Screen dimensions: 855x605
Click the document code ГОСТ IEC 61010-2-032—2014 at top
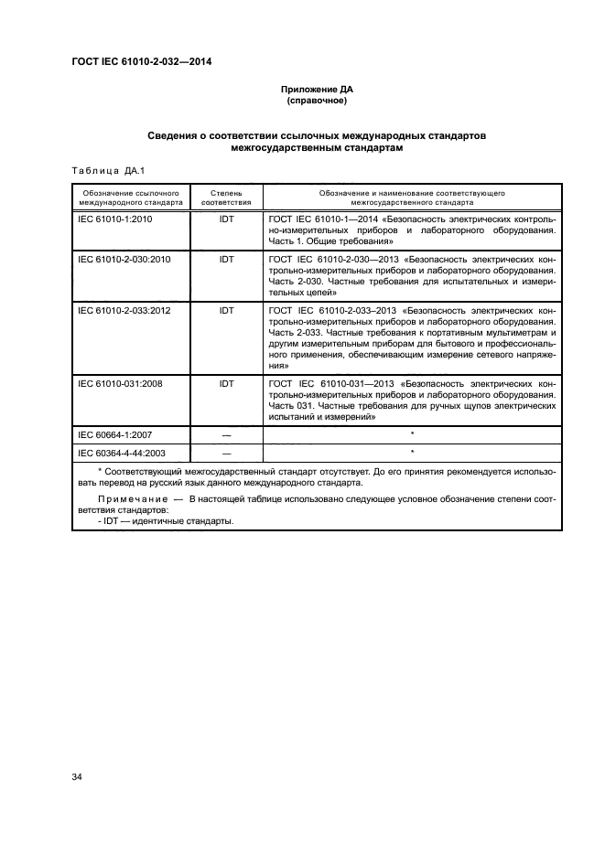click(147, 62)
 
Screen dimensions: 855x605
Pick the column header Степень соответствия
click(226, 198)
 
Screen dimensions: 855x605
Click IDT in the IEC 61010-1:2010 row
click(226, 220)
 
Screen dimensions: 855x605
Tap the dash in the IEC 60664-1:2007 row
click(226, 434)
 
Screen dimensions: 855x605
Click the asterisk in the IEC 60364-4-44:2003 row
click(412, 452)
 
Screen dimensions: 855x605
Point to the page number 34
click(77, 777)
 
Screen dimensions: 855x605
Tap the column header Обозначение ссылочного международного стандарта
click(130, 198)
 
